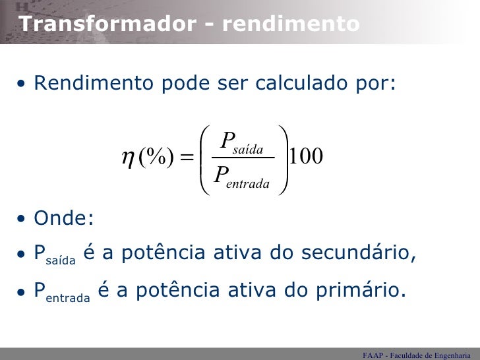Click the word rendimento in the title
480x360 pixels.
coord(291,24)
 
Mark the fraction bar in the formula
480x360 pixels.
coord(242,158)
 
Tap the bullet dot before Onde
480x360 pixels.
coord(22,219)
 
